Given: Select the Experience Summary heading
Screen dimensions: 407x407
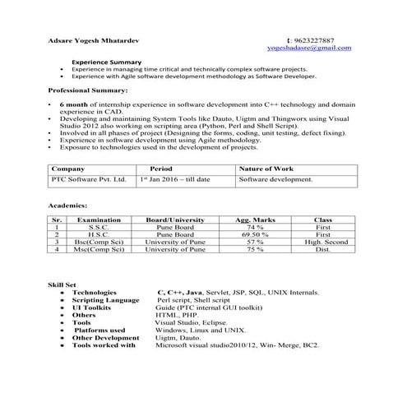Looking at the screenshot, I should click(x=107, y=62).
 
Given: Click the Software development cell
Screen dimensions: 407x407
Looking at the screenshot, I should click(x=276, y=178).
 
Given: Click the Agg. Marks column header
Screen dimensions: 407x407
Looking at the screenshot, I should click(x=254, y=220).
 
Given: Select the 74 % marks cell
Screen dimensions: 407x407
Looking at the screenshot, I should click(x=254, y=227).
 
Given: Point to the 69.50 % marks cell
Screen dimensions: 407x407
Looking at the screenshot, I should click(x=254, y=234).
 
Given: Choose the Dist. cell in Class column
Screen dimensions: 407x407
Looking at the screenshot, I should click(x=323, y=250).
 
